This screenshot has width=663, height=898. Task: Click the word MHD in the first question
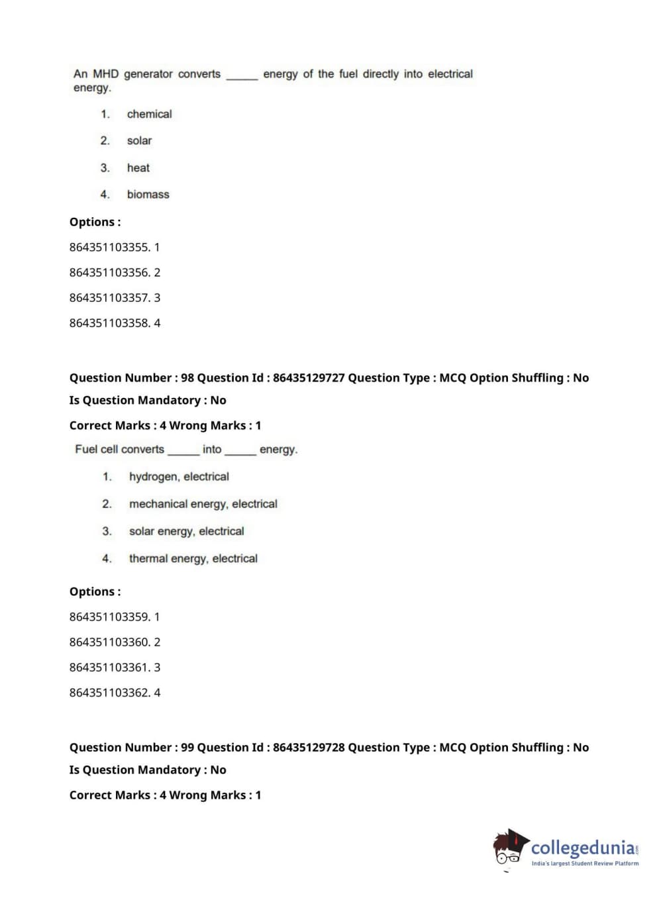(105, 74)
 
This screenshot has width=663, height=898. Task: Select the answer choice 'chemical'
(149, 114)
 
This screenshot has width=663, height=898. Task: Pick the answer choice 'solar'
(139, 140)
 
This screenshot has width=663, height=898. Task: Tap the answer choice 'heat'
(138, 168)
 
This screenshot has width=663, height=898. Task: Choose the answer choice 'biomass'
(148, 194)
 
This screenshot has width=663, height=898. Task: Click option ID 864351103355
(109, 247)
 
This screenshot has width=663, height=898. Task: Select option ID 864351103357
(109, 297)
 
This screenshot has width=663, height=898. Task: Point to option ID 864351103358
(109, 323)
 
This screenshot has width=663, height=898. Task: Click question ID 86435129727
(309, 377)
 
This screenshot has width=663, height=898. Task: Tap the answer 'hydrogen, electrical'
(179, 476)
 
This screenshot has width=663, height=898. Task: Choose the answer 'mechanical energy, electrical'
(203, 504)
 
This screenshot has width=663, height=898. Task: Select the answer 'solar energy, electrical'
(186, 531)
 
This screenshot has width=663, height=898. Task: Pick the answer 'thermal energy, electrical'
(193, 558)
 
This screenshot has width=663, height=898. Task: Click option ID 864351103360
(109, 642)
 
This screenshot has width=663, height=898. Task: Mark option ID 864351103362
(109, 693)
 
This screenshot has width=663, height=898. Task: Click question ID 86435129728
(309, 747)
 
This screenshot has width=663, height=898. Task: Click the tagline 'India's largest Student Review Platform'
(585, 863)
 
